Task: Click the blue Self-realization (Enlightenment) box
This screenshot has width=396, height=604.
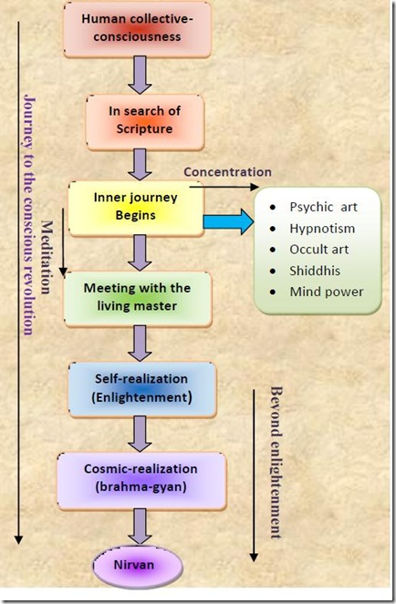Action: (x=141, y=388)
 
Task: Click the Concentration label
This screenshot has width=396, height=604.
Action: (x=227, y=171)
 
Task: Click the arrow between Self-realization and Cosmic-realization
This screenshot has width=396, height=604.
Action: (x=141, y=433)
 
